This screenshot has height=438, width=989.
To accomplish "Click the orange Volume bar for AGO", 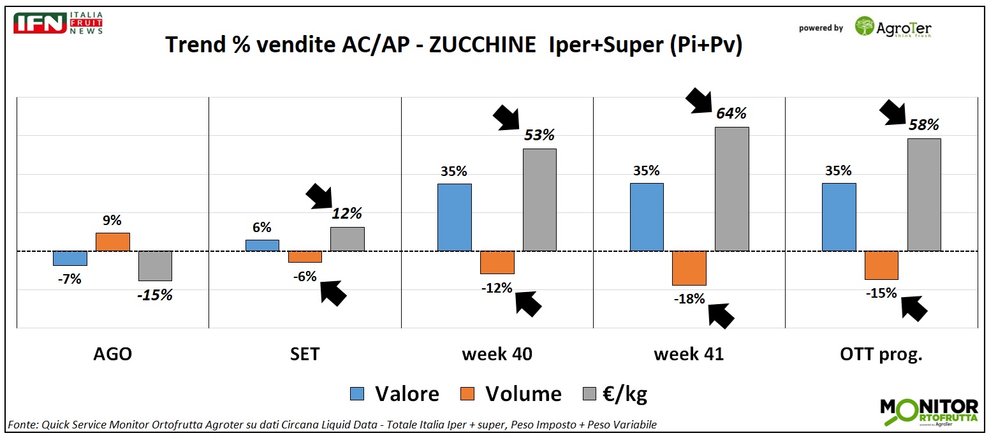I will click(x=113, y=242).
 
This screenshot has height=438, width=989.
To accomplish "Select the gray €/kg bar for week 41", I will click(x=731, y=189).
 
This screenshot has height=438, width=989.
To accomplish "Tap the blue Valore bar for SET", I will click(x=262, y=245).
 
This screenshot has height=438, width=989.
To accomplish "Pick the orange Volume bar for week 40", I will click(x=497, y=262).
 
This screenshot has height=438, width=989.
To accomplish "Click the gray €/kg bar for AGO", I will click(x=156, y=266).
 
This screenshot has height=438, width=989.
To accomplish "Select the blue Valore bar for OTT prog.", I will click(x=839, y=217).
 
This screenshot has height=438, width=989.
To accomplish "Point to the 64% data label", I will click(x=731, y=113).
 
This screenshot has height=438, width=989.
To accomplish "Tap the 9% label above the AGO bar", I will click(x=112, y=221).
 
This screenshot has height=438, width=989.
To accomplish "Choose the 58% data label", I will click(x=923, y=125).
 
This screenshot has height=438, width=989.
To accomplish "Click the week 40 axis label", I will click(x=497, y=354).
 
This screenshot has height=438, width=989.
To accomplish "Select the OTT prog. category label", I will click(x=881, y=354).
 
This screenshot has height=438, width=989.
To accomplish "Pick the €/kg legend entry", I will click(x=615, y=394).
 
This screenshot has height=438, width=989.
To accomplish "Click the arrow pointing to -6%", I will click(x=332, y=291).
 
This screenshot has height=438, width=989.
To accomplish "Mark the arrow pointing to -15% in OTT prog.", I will click(x=912, y=307).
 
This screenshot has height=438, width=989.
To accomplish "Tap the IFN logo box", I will click(x=40, y=23).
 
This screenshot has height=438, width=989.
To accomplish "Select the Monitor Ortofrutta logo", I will click(x=928, y=412).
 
